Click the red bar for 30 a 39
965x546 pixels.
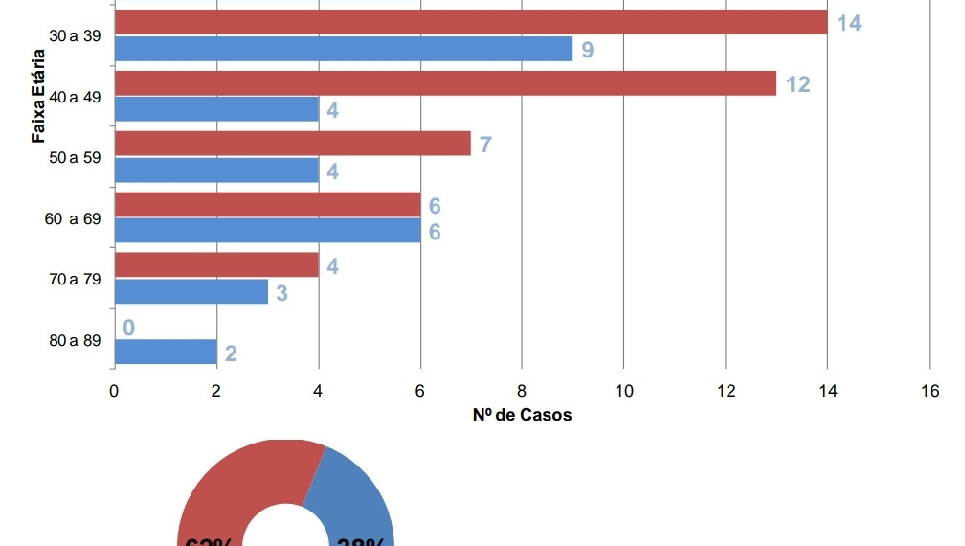(469, 22)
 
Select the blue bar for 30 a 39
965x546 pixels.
(343, 49)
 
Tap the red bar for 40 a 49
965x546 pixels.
(445, 83)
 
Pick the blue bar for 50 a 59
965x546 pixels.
(216, 171)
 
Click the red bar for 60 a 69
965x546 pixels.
(267, 205)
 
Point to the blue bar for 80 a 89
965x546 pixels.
(166, 353)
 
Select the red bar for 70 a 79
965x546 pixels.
(216, 265)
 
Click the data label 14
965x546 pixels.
(849, 23)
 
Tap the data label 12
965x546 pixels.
(797, 84)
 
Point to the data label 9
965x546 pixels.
(587, 50)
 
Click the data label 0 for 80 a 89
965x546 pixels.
(128, 329)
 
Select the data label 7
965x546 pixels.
(485, 146)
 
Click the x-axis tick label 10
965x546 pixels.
(623, 391)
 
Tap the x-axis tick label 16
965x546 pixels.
(930, 391)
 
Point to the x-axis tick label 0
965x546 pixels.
(114, 391)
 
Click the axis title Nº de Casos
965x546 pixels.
(522, 415)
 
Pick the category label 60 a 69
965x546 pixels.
(72, 219)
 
